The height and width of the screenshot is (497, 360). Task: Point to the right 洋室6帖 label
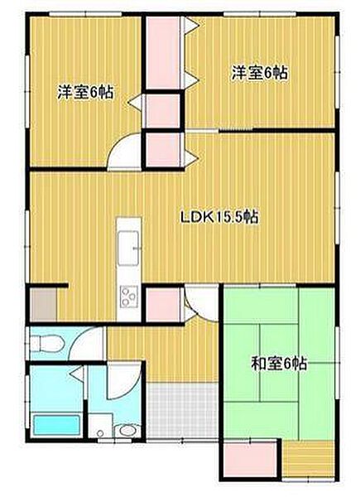[259, 73]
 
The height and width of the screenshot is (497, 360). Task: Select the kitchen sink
[129, 245]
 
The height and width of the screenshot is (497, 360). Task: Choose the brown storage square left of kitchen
[46, 305]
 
